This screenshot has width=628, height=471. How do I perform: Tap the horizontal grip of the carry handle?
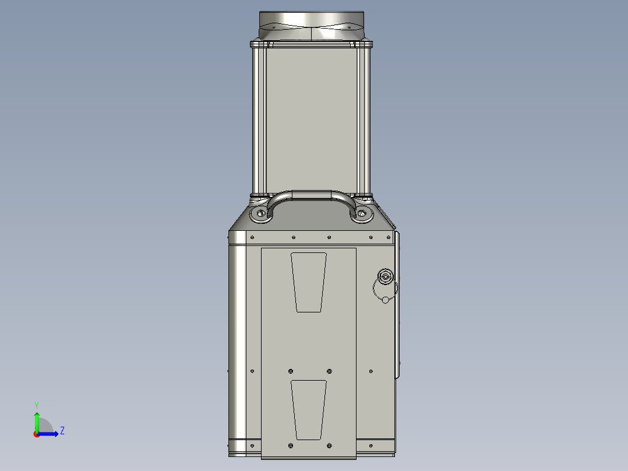click(x=312, y=195)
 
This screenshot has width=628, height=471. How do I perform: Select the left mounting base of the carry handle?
click(x=260, y=215)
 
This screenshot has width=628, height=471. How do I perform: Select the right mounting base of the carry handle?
click(x=362, y=215)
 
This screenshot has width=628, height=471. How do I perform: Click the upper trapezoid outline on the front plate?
click(x=309, y=282)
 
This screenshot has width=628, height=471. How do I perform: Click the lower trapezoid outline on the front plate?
click(x=309, y=410)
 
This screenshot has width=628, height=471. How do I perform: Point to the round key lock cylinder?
click(x=385, y=276)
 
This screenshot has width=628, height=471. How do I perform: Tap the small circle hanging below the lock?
click(x=385, y=300)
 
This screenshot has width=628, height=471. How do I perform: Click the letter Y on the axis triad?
click(x=36, y=405)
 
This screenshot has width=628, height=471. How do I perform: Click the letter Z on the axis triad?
click(x=62, y=431)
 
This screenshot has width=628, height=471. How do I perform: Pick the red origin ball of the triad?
click(x=37, y=434)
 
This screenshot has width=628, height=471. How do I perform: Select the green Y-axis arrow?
click(x=36, y=421)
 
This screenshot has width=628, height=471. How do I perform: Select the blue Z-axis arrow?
click(x=50, y=434)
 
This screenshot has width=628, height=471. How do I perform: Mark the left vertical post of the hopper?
click(x=259, y=119)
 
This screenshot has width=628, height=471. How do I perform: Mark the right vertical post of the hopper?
click(x=363, y=119)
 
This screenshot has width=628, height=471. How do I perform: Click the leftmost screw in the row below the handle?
click(x=252, y=238)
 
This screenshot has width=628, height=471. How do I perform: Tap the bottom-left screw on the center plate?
click(x=291, y=445)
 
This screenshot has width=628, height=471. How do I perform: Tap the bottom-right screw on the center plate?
click(x=330, y=445)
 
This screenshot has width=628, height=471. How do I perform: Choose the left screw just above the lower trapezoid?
click(x=291, y=371)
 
